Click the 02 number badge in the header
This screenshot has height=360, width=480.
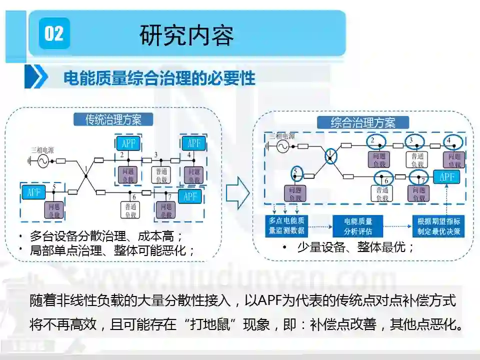click(x=54, y=33)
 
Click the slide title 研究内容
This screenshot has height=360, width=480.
click(x=187, y=35)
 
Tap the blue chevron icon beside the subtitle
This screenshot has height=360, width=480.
click(x=36, y=78)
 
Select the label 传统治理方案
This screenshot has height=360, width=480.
click(x=113, y=119)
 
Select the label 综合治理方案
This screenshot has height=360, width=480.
click(x=363, y=122)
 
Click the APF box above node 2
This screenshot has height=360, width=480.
click(x=128, y=143)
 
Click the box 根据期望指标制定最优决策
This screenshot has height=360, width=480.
click(x=439, y=226)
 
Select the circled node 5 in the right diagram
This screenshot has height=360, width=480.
click(x=296, y=173)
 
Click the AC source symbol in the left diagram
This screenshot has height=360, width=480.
click(x=39, y=160)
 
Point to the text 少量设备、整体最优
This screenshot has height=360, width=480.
click(x=355, y=247)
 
